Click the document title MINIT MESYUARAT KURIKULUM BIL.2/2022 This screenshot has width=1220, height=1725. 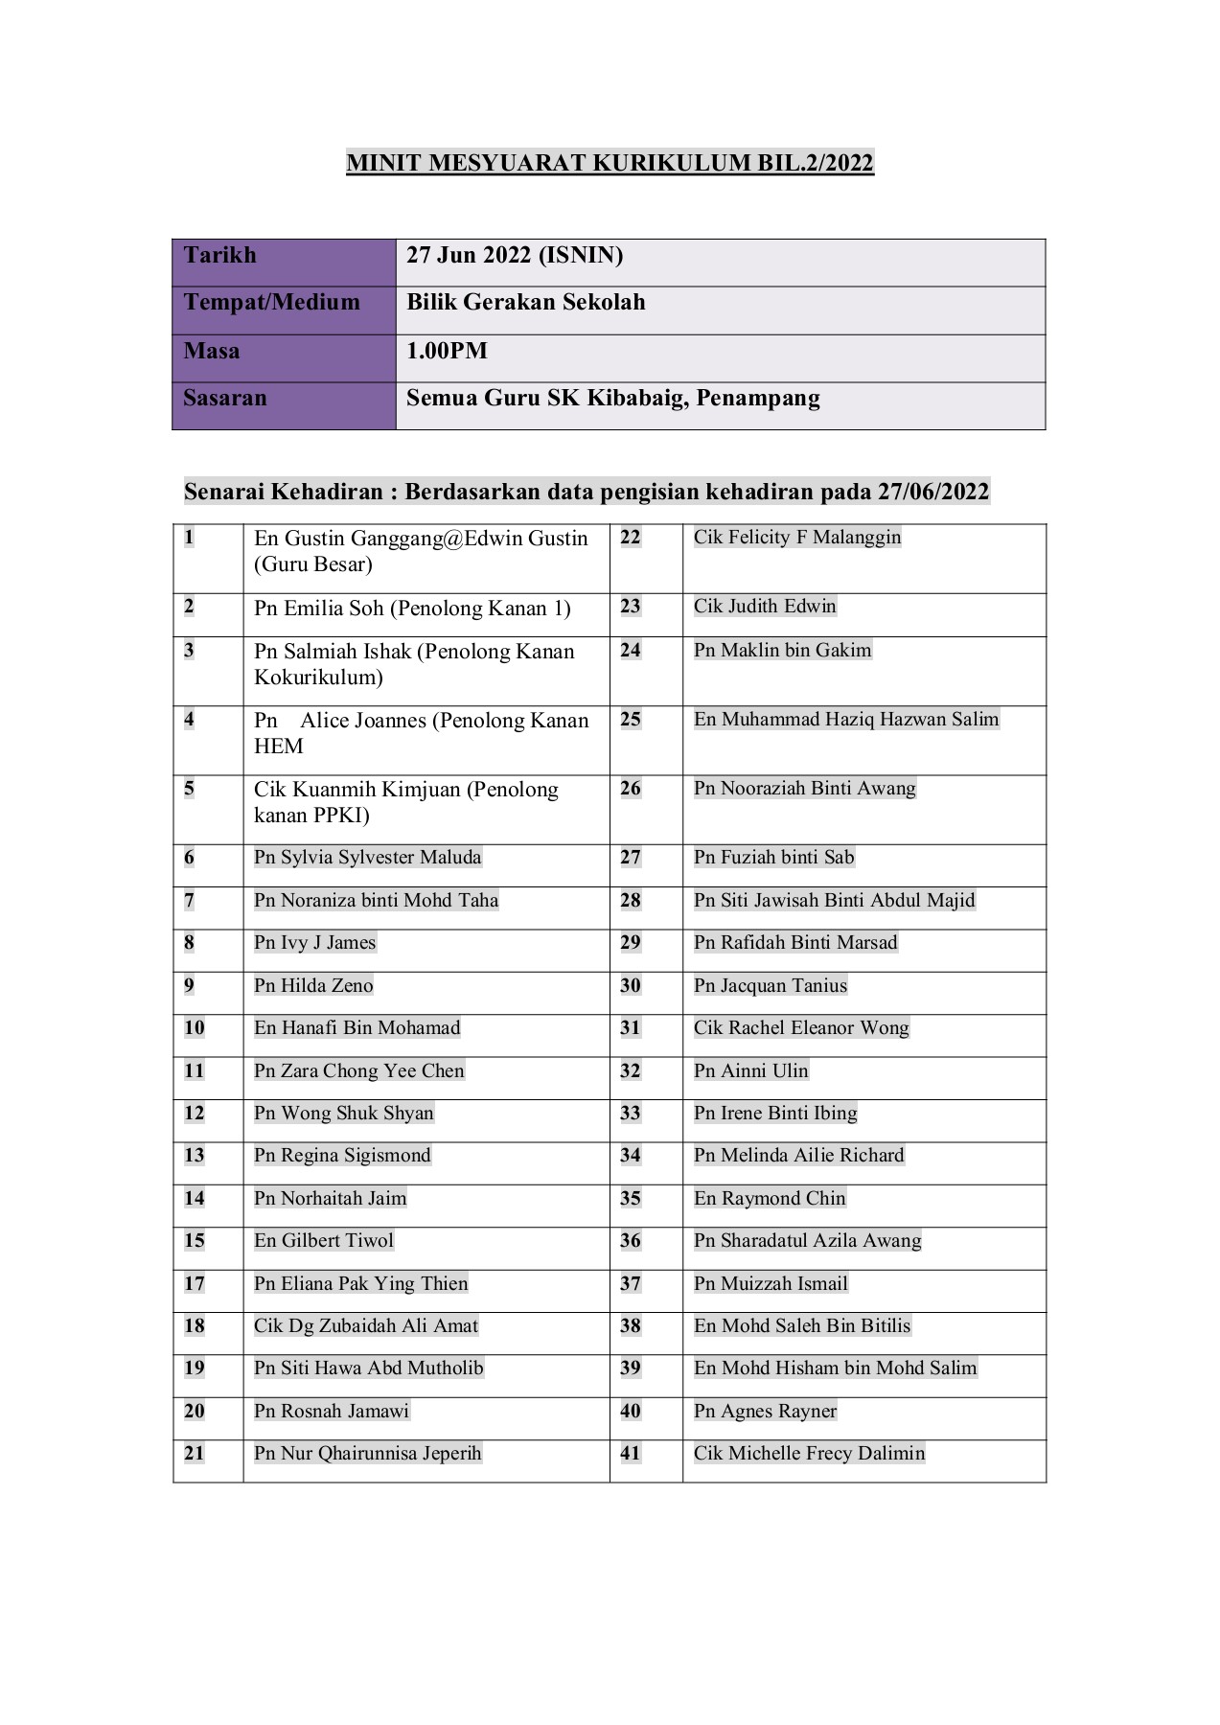click(x=610, y=163)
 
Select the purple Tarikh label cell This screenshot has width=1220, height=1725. click(x=284, y=262)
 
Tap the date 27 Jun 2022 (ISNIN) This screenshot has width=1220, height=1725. click(x=515, y=255)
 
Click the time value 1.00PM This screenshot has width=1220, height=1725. click(x=447, y=351)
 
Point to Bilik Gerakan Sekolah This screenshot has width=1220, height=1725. click(x=525, y=303)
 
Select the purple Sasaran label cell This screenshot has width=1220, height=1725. click(x=284, y=405)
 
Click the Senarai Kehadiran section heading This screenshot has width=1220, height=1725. click(x=586, y=492)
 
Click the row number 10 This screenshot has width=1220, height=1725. click(x=195, y=1028)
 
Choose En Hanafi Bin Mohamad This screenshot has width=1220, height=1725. click(x=357, y=1028)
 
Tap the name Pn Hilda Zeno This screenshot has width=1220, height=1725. click(x=313, y=986)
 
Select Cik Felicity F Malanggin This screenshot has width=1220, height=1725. click(x=797, y=538)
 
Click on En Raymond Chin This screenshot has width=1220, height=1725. click(x=770, y=1199)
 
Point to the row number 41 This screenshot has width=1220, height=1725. click(x=630, y=1454)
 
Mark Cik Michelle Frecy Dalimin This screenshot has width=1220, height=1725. click(x=809, y=1454)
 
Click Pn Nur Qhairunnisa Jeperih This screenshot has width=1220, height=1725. click(x=367, y=1454)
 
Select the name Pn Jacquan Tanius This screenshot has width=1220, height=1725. click(x=771, y=986)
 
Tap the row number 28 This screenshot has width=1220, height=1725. click(x=630, y=901)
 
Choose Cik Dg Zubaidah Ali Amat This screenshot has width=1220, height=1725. click(x=365, y=1326)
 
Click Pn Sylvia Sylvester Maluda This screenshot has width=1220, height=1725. click(x=367, y=858)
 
